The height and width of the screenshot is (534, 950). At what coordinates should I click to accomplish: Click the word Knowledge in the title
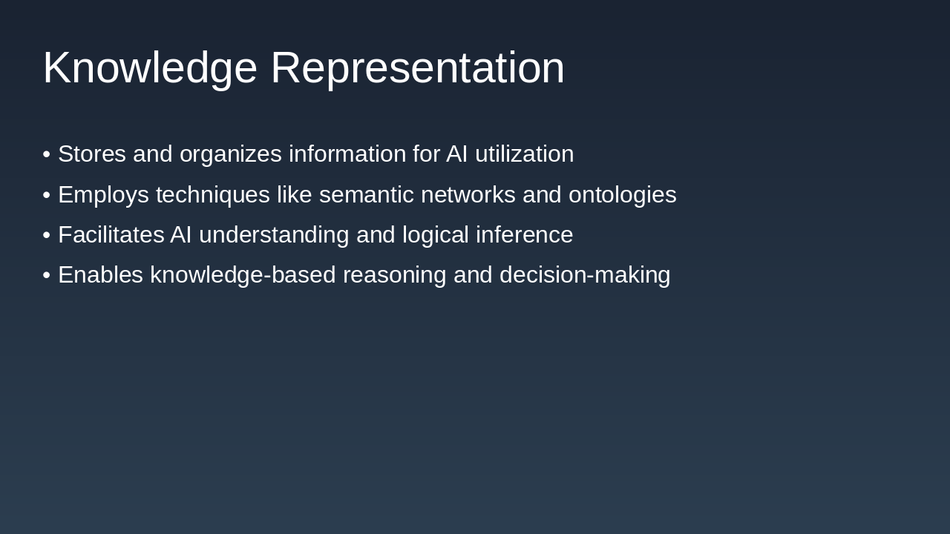coord(150,68)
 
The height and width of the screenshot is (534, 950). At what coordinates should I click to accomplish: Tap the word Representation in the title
coord(417,68)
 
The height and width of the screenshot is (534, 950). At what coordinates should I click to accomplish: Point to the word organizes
coord(230,154)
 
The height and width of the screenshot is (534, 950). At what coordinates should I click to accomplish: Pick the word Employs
coord(103,195)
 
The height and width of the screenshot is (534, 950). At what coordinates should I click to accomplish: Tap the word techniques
coord(212,195)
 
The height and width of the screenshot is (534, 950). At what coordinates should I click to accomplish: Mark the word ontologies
coord(622,195)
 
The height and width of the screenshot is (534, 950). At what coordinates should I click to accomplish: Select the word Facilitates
coord(111,235)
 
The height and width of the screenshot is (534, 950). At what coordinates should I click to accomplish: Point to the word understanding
coord(274,235)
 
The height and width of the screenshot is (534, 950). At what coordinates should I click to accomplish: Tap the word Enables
coord(100,275)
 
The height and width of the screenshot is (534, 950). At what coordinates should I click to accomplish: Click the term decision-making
coord(585,275)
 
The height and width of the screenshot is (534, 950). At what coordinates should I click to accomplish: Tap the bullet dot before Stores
coord(47,154)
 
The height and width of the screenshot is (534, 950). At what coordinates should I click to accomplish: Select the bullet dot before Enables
coord(47,275)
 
